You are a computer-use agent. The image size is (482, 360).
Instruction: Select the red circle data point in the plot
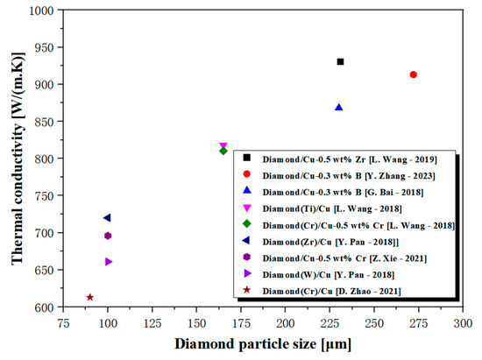(413, 74)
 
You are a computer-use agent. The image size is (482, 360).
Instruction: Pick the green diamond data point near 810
(223, 152)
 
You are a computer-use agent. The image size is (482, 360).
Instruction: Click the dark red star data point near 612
(90, 298)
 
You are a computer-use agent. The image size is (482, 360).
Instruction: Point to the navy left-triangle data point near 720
(107, 218)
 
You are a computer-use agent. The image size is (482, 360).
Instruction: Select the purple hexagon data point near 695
(108, 236)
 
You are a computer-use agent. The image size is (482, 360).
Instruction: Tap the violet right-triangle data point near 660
(109, 262)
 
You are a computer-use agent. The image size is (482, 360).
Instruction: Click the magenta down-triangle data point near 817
(223, 145)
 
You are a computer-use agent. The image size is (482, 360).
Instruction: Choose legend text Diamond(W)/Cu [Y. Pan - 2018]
(332, 275)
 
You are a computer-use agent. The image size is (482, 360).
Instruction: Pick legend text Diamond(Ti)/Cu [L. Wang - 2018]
(333, 208)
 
